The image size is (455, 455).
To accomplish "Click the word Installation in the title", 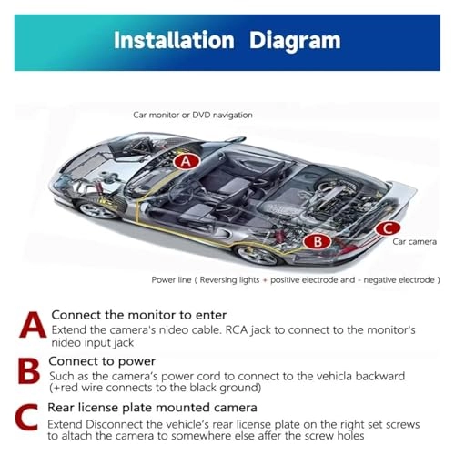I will pos(171,41).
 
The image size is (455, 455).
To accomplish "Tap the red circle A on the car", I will pos(187,161).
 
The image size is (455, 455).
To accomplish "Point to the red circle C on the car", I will pos(387,229).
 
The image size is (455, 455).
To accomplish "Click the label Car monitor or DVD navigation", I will pos(193,116).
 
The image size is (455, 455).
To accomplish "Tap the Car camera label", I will pos(415,244).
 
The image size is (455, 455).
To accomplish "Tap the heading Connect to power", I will pos(97,360).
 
